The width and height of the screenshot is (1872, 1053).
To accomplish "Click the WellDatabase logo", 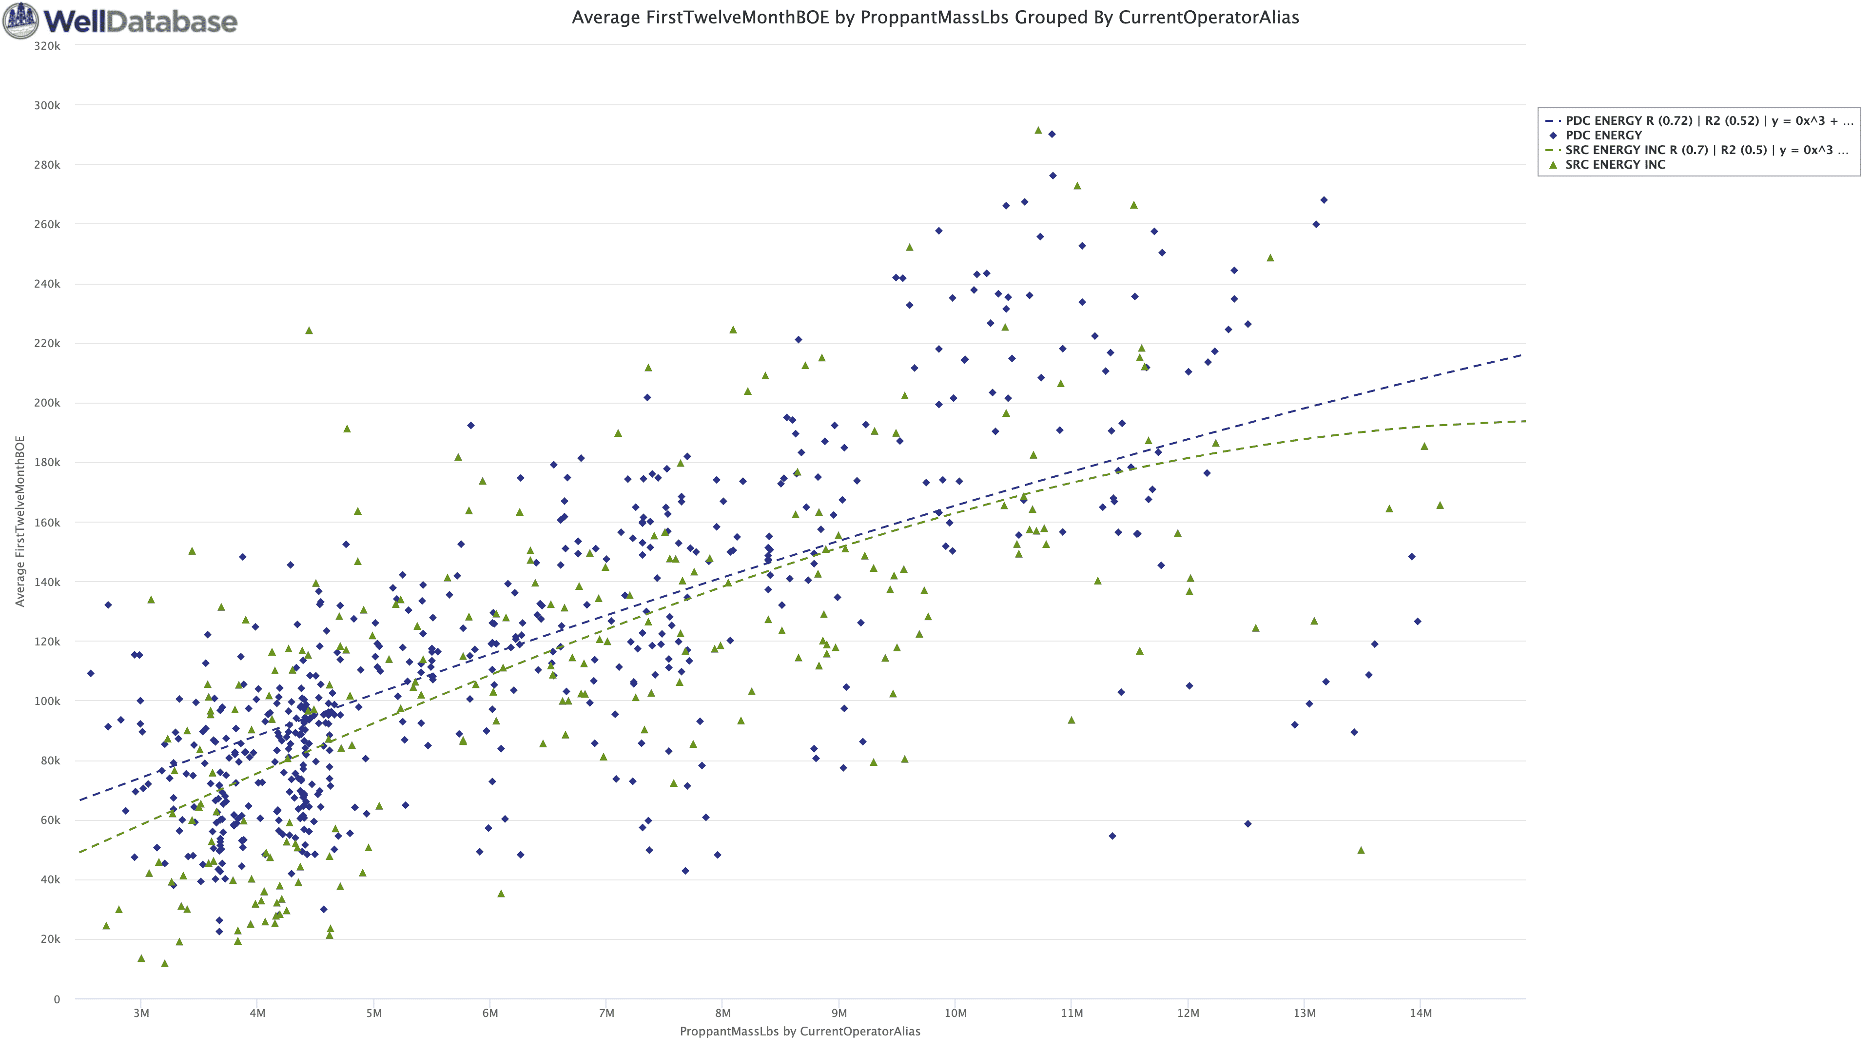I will click(x=120, y=20).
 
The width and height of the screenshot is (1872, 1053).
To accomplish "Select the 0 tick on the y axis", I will click(x=57, y=999).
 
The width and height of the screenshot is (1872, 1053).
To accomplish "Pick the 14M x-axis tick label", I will click(x=1420, y=1013).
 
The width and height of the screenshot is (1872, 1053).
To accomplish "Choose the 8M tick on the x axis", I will click(x=722, y=1013).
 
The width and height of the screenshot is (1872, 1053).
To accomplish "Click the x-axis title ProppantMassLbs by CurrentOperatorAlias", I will click(x=799, y=1031).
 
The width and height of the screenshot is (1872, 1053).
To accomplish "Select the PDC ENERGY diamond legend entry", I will click(x=1603, y=135).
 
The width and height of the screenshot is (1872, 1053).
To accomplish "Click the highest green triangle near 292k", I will click(x=1038, y=130).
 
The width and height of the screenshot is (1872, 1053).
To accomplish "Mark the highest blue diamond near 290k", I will click(x=1052, y=135).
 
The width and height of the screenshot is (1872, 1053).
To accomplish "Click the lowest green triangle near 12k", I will click(x=164, y=964).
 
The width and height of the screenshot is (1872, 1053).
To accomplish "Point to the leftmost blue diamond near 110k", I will click(x=90, y=674).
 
